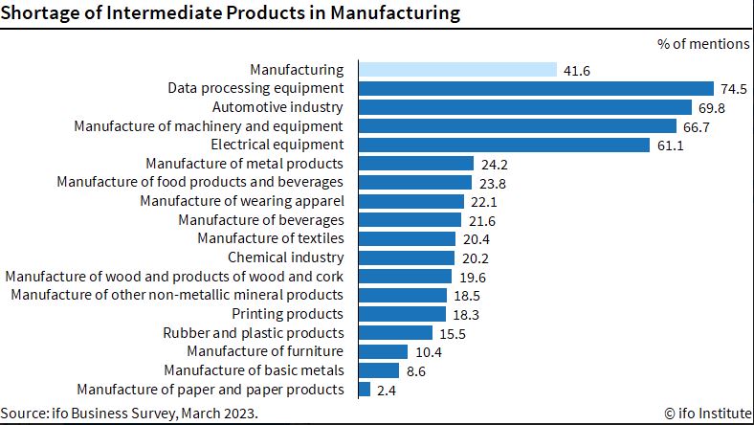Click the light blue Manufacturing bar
click(457, 70)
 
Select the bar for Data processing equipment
click(536, 89)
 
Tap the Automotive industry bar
click(525, 107)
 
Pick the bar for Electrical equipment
click(504, 145)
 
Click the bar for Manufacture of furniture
click(384, 352)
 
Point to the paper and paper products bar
click(365, 390)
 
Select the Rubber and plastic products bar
click(396, 333)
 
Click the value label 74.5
click(733, 89)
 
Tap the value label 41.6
click(577, 71)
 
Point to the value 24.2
click(495, 165)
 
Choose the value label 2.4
click(387, 391)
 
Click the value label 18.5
click(467, 296)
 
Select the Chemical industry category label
click(286, 257)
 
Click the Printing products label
click(288, 314)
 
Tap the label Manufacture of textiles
click(271, 238)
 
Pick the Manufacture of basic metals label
click(254, 370)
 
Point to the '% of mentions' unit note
click(703, 44)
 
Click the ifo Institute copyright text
click(708, 413)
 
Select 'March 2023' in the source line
click(219, 414)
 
